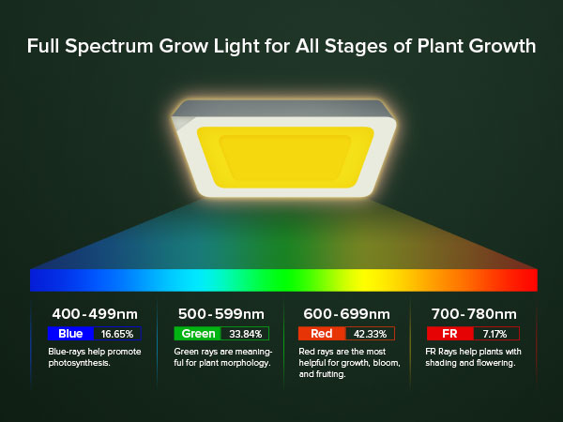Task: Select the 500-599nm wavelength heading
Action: (x=221, y=313)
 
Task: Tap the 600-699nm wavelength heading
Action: (x=346, y=313)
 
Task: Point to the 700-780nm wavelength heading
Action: (x=473, y=313)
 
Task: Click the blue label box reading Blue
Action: (x=71, y=333)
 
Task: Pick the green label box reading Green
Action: (x=196, y=333)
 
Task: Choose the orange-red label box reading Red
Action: (x=322, y=333)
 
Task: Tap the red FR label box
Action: (x=449, y=333)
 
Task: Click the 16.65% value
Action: (x=117, y=333)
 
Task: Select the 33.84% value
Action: (x=244, y=333)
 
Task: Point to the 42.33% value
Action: (x=370, y=333)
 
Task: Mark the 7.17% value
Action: (x=494, y=333)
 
